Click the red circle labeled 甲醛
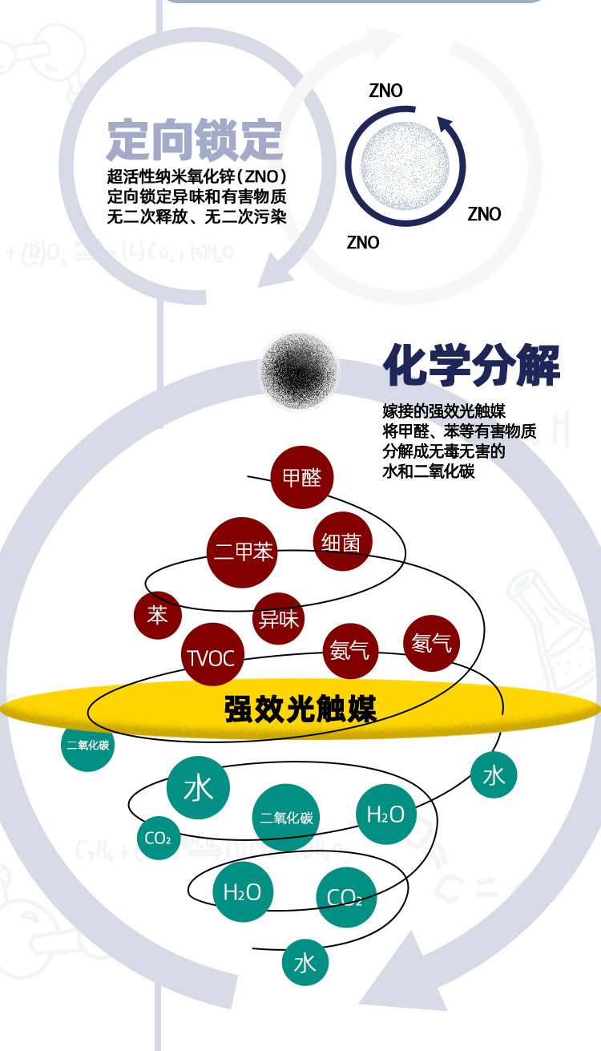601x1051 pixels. (302, 477)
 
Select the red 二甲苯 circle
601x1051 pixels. (242, 552)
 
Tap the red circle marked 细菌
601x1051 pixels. (342, 542)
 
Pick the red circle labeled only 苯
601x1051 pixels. (158, 616)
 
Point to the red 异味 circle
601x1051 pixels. (278, 619)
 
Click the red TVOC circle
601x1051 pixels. (211, 657)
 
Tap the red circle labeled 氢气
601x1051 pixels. (431, 643)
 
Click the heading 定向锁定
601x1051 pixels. (195, 139)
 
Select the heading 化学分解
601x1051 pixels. (472, 366)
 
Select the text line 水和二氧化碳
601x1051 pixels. (429, 471)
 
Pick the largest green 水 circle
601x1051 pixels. (198, 787)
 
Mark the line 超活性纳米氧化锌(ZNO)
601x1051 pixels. (196, 176)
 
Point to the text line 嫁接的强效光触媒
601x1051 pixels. (443, 412)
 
